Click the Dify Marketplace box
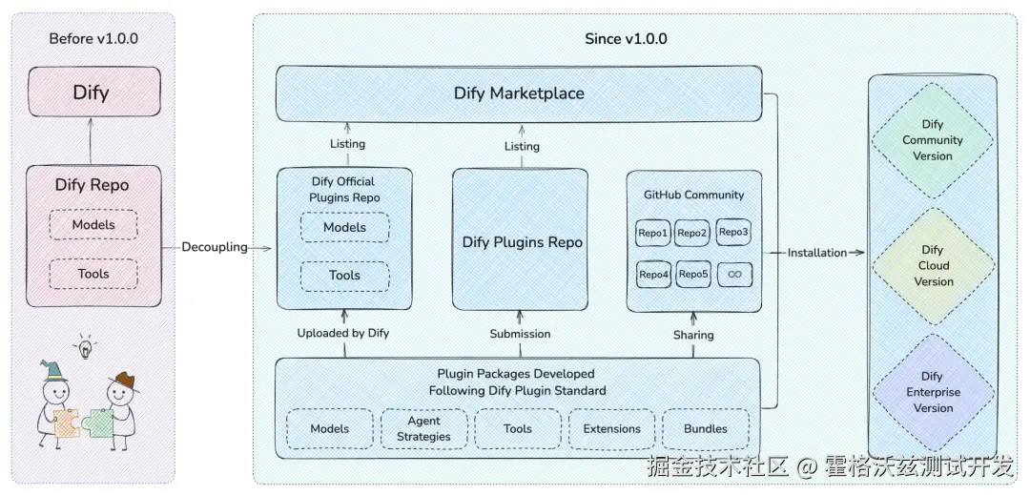519,93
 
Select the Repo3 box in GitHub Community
733,233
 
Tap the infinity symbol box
734,275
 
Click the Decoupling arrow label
215,248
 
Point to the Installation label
817,253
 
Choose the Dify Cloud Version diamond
933,266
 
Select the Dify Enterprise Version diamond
933,392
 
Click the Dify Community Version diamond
933,140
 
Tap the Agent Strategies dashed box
424,428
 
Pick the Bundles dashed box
706,428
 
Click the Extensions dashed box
611,428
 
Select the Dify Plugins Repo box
522,239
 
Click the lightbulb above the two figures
85,346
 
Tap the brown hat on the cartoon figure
124,382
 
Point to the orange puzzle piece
67,423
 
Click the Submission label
521,334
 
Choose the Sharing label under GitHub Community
693,335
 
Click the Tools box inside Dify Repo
93,274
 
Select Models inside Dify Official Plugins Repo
345,228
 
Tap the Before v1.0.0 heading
93,38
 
